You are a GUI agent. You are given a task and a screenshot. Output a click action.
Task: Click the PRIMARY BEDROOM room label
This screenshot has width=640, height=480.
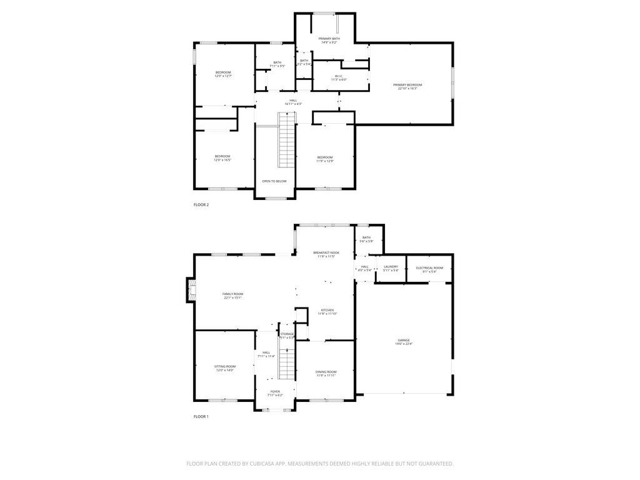[x=407, y=85]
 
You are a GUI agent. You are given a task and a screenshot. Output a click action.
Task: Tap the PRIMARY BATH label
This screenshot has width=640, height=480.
[x=329, y=39]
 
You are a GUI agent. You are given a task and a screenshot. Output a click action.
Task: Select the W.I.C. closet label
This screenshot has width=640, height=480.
[x=339, y=76]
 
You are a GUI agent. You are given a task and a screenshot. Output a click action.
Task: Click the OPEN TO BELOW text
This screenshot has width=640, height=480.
[x=274, y=181]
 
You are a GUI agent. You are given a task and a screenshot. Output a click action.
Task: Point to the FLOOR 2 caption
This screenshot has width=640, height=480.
[x=201, y=204]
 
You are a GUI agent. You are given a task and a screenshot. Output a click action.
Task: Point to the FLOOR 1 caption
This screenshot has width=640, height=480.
[x=201, y=416]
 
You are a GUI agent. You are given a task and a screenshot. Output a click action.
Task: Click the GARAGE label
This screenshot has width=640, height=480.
[x=404, y=341]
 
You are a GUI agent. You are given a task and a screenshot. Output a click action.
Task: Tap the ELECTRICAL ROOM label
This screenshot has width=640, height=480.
[x=429, y=267]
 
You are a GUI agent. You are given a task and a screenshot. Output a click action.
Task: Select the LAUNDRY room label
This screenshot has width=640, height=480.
[x=391, y=267]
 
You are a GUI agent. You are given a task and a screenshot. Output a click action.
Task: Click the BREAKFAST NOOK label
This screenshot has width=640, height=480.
[x=326, y=252]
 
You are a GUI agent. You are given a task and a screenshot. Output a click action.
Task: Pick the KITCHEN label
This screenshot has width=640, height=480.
[x=327, y=310]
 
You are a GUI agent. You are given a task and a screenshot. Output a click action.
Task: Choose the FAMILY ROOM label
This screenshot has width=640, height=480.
[x=233, y=294]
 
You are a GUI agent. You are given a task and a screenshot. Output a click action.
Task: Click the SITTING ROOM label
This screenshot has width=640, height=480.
[x=225, y=366]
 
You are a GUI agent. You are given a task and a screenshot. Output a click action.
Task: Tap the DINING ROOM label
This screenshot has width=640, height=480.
[x=326, y=372]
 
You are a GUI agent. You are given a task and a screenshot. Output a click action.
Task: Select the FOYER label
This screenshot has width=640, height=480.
[x=275, y=391]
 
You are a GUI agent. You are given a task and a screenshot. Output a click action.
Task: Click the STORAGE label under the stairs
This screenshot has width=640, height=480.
[x=287, y=334]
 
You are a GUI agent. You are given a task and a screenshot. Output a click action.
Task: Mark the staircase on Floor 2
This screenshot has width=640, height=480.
[x=286, y=140]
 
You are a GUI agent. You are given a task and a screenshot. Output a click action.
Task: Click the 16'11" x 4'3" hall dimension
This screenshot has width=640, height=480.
[x=293, y=104]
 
